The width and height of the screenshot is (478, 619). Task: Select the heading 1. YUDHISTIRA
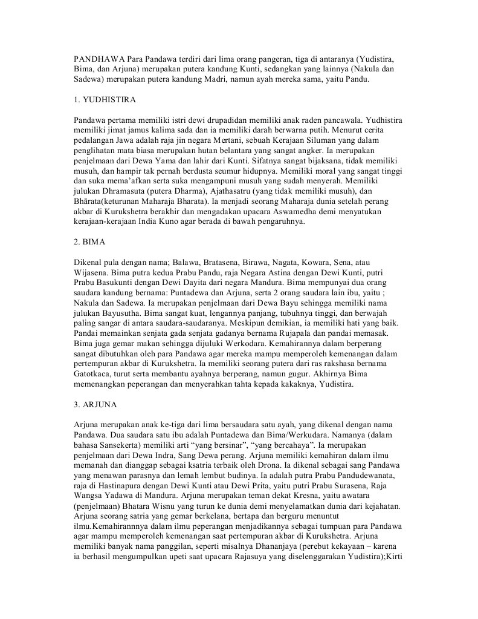click(105, 98)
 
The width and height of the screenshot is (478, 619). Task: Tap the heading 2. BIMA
click(89, 242)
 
